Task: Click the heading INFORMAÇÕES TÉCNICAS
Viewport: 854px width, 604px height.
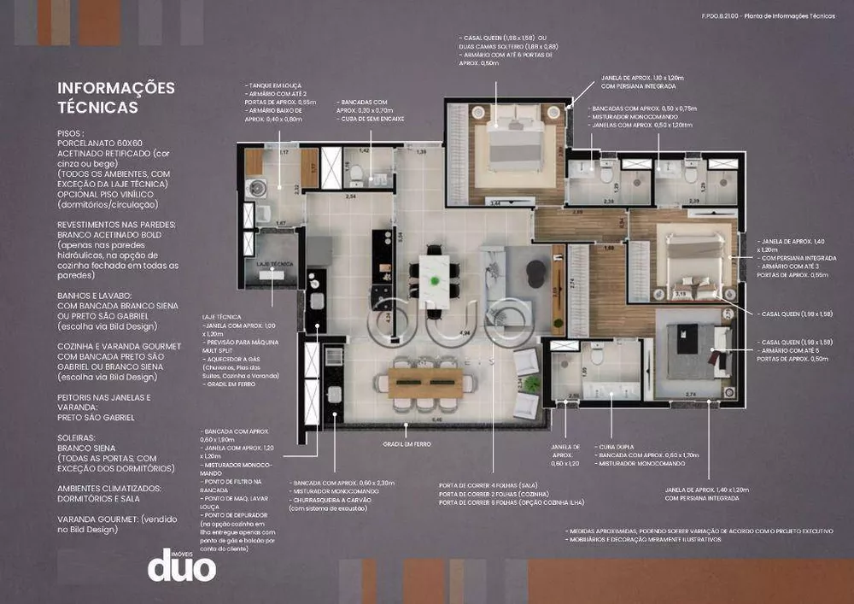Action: [115, 97]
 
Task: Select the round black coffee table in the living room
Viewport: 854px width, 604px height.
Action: [535, 272]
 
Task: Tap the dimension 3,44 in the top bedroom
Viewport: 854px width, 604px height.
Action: [494, 202]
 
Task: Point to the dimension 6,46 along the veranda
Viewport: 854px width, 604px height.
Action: [437, 419]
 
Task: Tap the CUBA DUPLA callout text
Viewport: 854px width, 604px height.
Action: [615, 446]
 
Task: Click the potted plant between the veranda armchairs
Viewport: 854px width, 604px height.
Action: [532, 384]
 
